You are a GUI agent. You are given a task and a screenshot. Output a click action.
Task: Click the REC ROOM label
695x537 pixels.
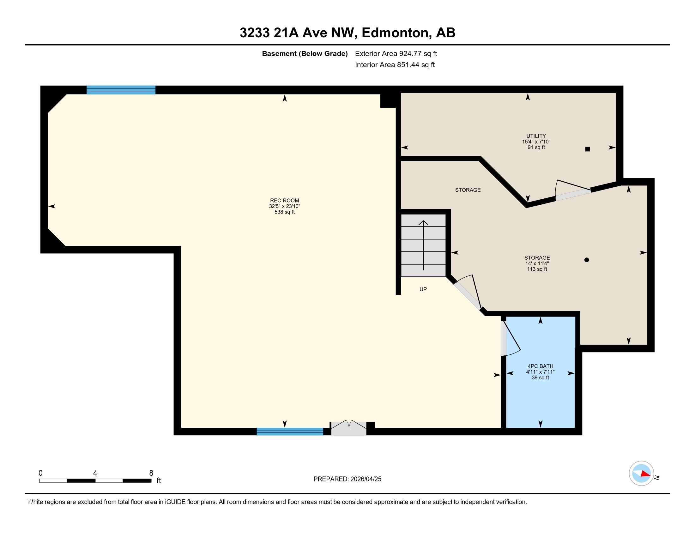[x=285, y=200]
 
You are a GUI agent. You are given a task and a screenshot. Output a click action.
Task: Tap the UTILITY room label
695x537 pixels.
[x=536, y=136]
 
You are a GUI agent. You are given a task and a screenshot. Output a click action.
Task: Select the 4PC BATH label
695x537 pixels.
[x=540, y=366]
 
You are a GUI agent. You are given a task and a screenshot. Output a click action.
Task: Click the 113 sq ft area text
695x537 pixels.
[x=537, y=269]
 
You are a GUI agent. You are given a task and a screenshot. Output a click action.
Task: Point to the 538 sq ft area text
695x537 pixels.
[x=285, y=212]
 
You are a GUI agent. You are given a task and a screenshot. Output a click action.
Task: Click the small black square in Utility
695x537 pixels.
[x=588, y=149]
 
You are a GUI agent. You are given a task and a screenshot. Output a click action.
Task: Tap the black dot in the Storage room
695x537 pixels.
[x=587, y=260]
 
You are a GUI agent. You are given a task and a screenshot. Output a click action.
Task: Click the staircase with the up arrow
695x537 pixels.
[x=423, y=245]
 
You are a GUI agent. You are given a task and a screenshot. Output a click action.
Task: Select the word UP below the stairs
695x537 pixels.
[x=423, y=289]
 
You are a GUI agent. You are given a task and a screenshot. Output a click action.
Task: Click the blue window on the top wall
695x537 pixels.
[x=121, y=90]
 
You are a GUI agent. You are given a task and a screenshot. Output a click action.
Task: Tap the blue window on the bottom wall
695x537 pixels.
[x=290, y=431]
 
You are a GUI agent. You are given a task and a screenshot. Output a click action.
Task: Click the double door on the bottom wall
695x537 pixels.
[x=349, y=428]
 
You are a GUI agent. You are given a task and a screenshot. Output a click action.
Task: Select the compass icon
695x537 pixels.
[x=642, y=473]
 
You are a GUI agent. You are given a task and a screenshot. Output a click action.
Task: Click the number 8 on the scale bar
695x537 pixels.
[x=151, y=473]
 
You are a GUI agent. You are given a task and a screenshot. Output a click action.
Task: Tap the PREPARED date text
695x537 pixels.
[x=347, y=479]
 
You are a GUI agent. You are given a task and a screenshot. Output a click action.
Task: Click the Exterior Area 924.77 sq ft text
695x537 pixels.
[x=396, y=53]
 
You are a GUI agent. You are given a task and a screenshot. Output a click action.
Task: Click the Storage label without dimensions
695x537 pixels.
[x=468, y=190]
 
